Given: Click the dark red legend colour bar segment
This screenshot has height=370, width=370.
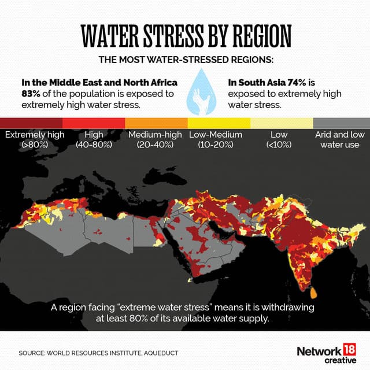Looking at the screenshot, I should click(x=31, y=123).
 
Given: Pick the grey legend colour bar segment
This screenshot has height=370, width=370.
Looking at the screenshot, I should click(x=341, y=123).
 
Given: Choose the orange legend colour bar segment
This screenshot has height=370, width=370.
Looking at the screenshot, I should click(x=156, y=123).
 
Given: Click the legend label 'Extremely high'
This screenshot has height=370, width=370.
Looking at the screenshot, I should click(x=35, y=135).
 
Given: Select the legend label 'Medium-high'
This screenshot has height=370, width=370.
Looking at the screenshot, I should click(x=156, y=135).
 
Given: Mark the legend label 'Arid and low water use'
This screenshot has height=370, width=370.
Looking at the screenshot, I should click(x=339, y=139).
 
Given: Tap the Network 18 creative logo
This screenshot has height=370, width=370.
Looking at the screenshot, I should click(x=326, y=354).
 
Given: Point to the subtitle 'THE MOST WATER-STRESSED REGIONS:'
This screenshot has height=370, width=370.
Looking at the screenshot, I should click(x=184, y=60).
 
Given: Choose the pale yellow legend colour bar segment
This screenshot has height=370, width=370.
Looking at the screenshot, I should click(x=281, y=123).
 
